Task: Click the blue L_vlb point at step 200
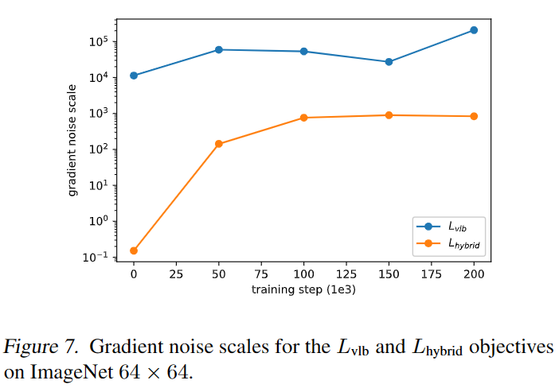(x=474, y=30)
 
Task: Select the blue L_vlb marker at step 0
(x=134, y=76)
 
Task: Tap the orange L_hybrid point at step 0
(x=134, y=250)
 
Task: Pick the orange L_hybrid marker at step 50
(x=219, y=144)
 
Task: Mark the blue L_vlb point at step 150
(x=389, y=62)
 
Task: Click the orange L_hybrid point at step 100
(x=303, y=118)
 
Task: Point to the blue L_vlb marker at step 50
(x=219, y=50)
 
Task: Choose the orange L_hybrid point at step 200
(x=474, y=116)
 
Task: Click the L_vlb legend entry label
(x=457, y=227)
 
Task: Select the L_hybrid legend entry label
(x=463, y=244)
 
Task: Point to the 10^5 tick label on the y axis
(x=98, y=41)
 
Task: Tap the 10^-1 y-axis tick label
(x=95, y=257)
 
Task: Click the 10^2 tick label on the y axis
(x=98, y=149)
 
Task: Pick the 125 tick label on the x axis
(x=346, y=274)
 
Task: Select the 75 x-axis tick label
(x=261, y=274)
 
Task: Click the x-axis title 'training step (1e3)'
(x=303, y=289)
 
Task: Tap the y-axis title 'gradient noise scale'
(x=72, y=140)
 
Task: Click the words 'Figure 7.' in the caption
(x=41, y=347)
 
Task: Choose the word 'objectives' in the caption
(x=511, y=347)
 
